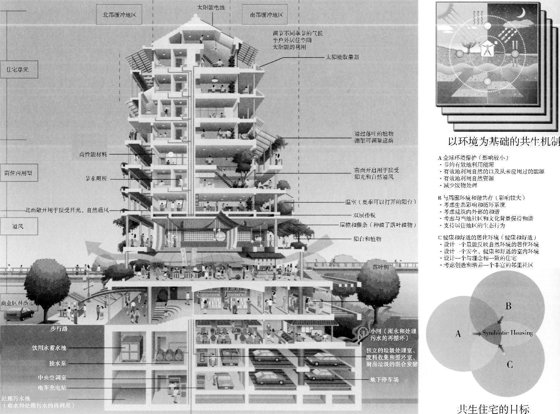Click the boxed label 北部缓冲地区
click(x=119, y=15)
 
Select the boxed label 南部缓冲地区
click(x=266, y=15)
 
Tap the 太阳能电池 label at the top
click(x=211, y=7)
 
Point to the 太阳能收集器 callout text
click(x=342, y=57)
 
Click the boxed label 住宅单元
click(x=18, y=70)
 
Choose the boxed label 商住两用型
click(x=18, y=173)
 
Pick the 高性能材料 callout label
click(x=93, y=154)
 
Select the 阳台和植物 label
click(x=367, y=239)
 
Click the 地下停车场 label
click(x=384, y=380)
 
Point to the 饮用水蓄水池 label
click(x=49, y=348)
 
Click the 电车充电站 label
click(x=52, y=388)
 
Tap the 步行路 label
click(x=59, y=329)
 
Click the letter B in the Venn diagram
click(x=508, y=306)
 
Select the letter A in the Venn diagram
click(x=458, y=334)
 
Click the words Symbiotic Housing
click(x=507, y=333)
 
